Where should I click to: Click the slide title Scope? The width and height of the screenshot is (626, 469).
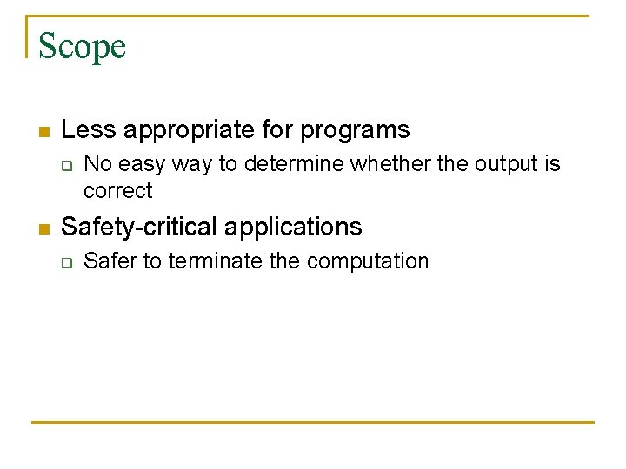click(x=82, y=46)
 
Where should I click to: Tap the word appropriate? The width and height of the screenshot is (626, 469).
click(x=187, y=130)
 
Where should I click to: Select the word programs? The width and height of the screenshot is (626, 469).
click(x=355, y=130)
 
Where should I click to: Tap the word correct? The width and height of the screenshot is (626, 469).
click(x=117, y=191)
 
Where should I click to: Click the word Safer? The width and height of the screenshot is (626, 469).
click(x=110, y=261)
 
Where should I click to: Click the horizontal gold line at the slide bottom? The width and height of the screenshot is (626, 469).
click(x=313, y=422)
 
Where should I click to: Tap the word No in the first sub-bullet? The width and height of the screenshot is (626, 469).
click(x=97, y=164)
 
